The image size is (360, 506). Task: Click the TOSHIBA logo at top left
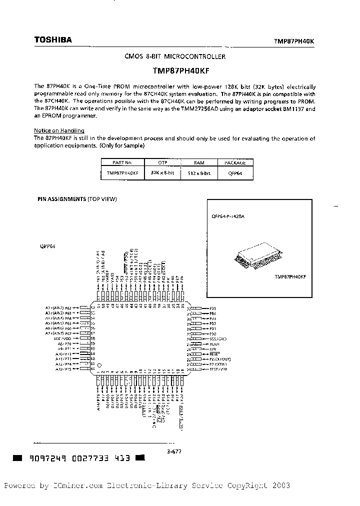click(52, 40)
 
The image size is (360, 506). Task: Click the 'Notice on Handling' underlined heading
click(55, 130)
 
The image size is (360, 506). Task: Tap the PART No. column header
click(122, 162)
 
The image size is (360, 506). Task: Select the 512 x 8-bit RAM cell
click(199, 172)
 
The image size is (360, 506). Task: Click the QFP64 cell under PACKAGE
click(235, 172)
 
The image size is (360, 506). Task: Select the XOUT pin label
click(215, 344)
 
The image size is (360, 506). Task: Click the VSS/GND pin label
click(218, 338)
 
